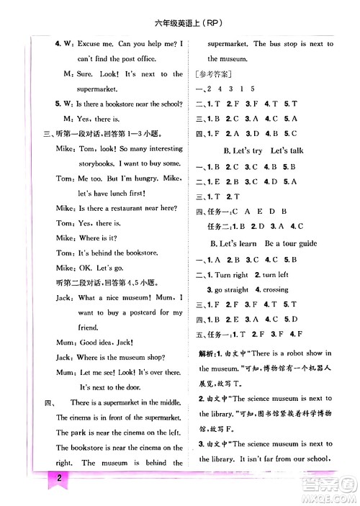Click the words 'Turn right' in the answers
click(x=231, y=274)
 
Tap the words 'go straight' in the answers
click(x=231, y=289)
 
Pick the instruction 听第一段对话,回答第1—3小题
click(x=102, y=133)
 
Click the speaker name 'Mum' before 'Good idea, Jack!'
click(x=64, y=343)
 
